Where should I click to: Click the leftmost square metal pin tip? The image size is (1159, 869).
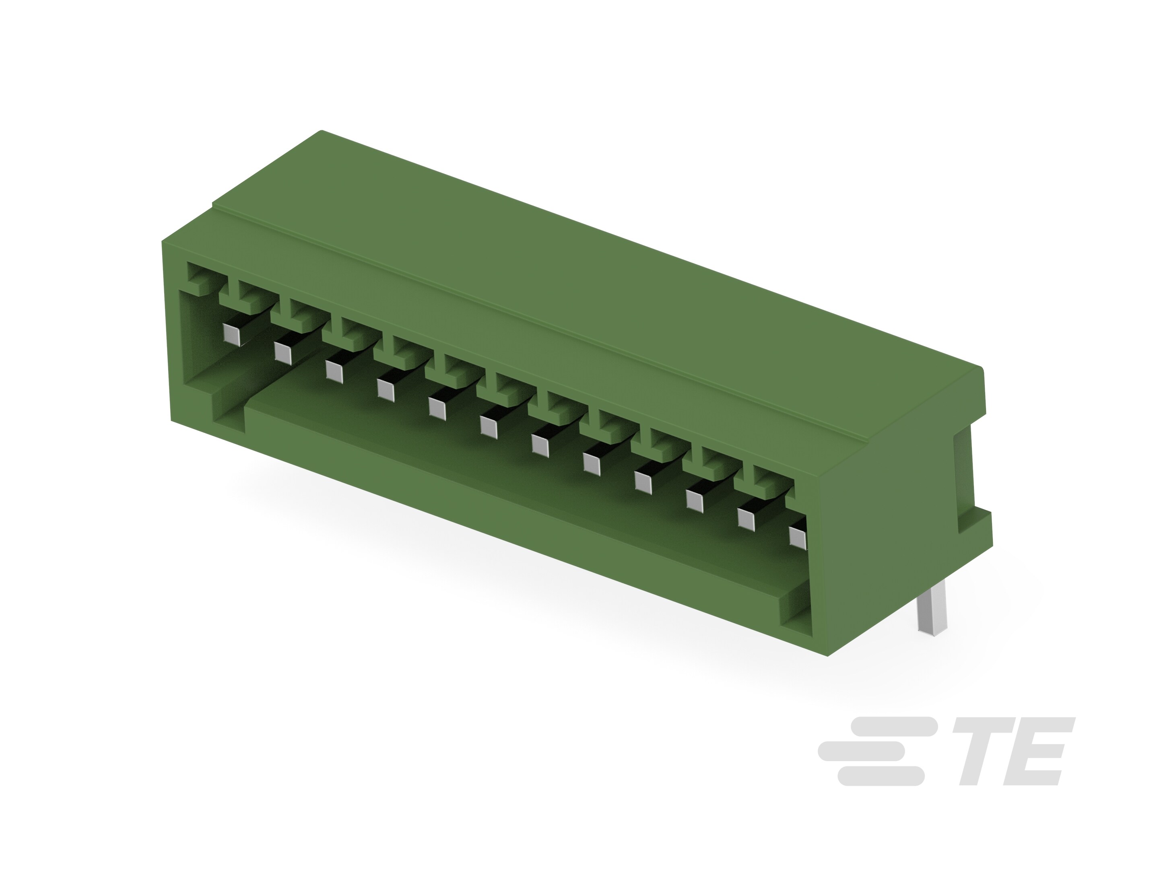[x=231, y=334]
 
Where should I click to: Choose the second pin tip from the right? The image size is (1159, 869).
[x=746, y=519]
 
